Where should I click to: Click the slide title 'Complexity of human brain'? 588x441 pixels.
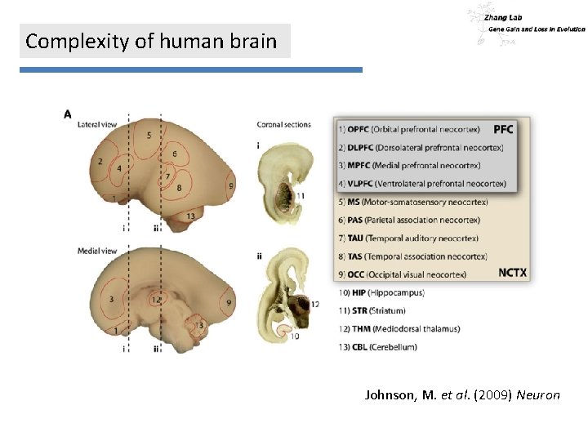click(152, 41)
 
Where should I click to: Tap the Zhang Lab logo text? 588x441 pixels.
click(503, 16)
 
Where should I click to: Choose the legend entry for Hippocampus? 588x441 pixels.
click(380, 292)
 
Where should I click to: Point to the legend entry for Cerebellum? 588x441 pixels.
click(376, 346)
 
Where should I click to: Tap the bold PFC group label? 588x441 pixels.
click(504, 129)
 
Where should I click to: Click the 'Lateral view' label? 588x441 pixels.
click(96, 125)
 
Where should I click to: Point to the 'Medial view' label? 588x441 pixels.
click(96, 250)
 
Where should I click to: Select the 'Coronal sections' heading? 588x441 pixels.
click(283, 125)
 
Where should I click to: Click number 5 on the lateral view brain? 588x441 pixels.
click(149, 135)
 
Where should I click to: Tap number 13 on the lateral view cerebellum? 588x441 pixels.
click(190, 216)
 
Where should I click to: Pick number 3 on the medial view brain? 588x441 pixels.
click(110, 300)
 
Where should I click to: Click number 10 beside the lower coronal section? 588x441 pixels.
click(294, 336)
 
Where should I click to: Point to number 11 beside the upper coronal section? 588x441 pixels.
click(301, 195)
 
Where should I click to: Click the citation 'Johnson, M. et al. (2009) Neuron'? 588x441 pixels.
click(462, 395)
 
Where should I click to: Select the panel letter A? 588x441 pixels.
click(68, 114)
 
